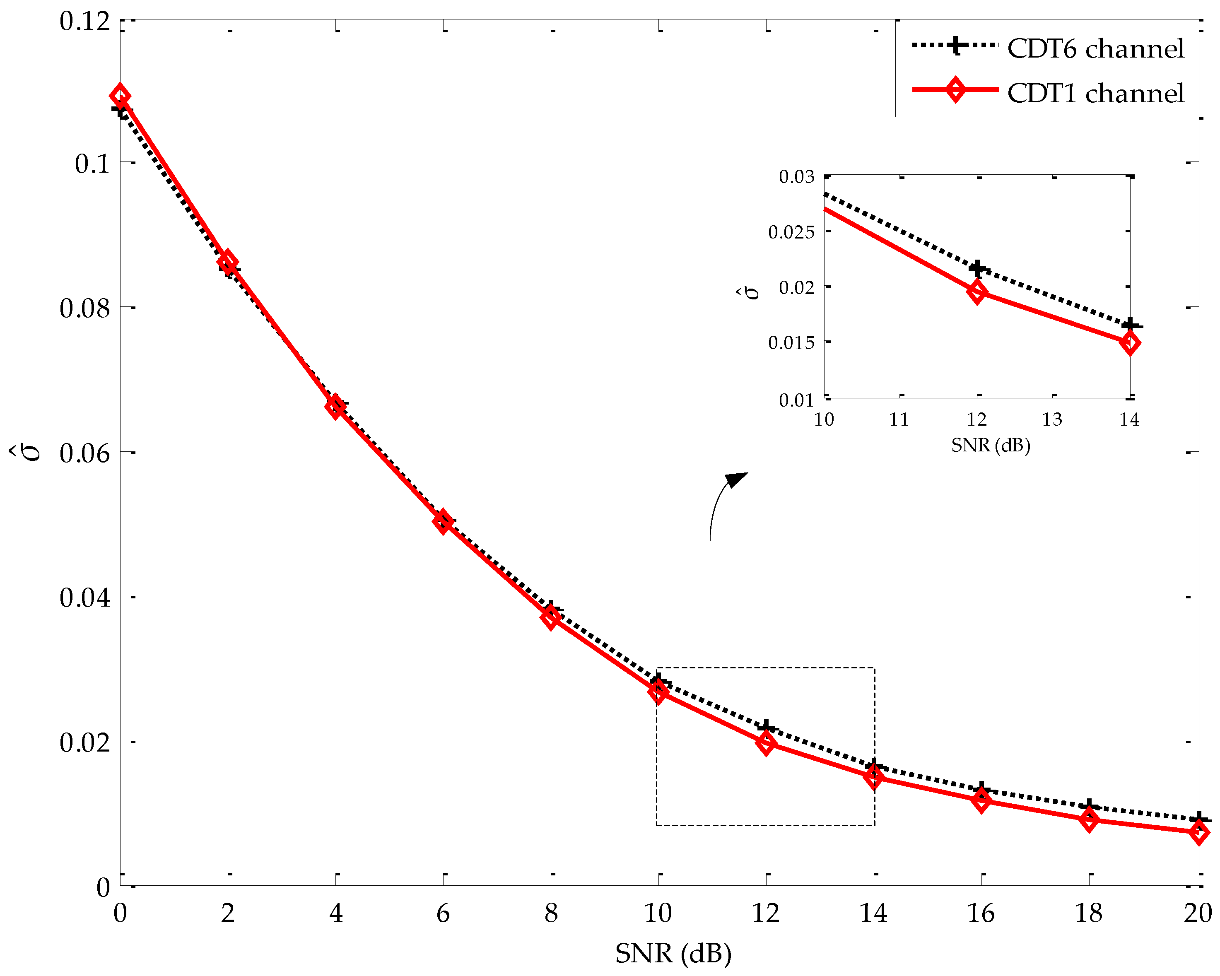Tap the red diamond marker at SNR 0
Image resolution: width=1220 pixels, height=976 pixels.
(x=120, y=96)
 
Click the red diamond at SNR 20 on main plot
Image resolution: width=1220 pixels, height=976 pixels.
(x=1198, y=832)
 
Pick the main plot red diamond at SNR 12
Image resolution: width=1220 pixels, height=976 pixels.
(x=766, y=743)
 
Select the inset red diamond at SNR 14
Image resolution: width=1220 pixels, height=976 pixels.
(x=1129, y=343)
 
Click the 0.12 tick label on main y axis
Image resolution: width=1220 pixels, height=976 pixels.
(x=84, y=22)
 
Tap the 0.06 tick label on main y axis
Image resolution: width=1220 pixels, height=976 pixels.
(x=84, y=453)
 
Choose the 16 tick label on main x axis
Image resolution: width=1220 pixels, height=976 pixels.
(x=981, y=913)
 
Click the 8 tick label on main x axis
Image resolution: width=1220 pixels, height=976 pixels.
(x=551, y=913)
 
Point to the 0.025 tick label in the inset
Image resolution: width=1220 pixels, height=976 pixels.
(x=791, y=232)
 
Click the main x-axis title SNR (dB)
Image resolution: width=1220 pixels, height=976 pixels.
(x=673, y=953)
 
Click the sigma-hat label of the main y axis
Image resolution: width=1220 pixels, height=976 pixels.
(x=31, y=453)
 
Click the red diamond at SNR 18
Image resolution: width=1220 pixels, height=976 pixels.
(x=1089, y=819)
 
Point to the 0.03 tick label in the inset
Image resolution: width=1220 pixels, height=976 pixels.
(x=796, y=176)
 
